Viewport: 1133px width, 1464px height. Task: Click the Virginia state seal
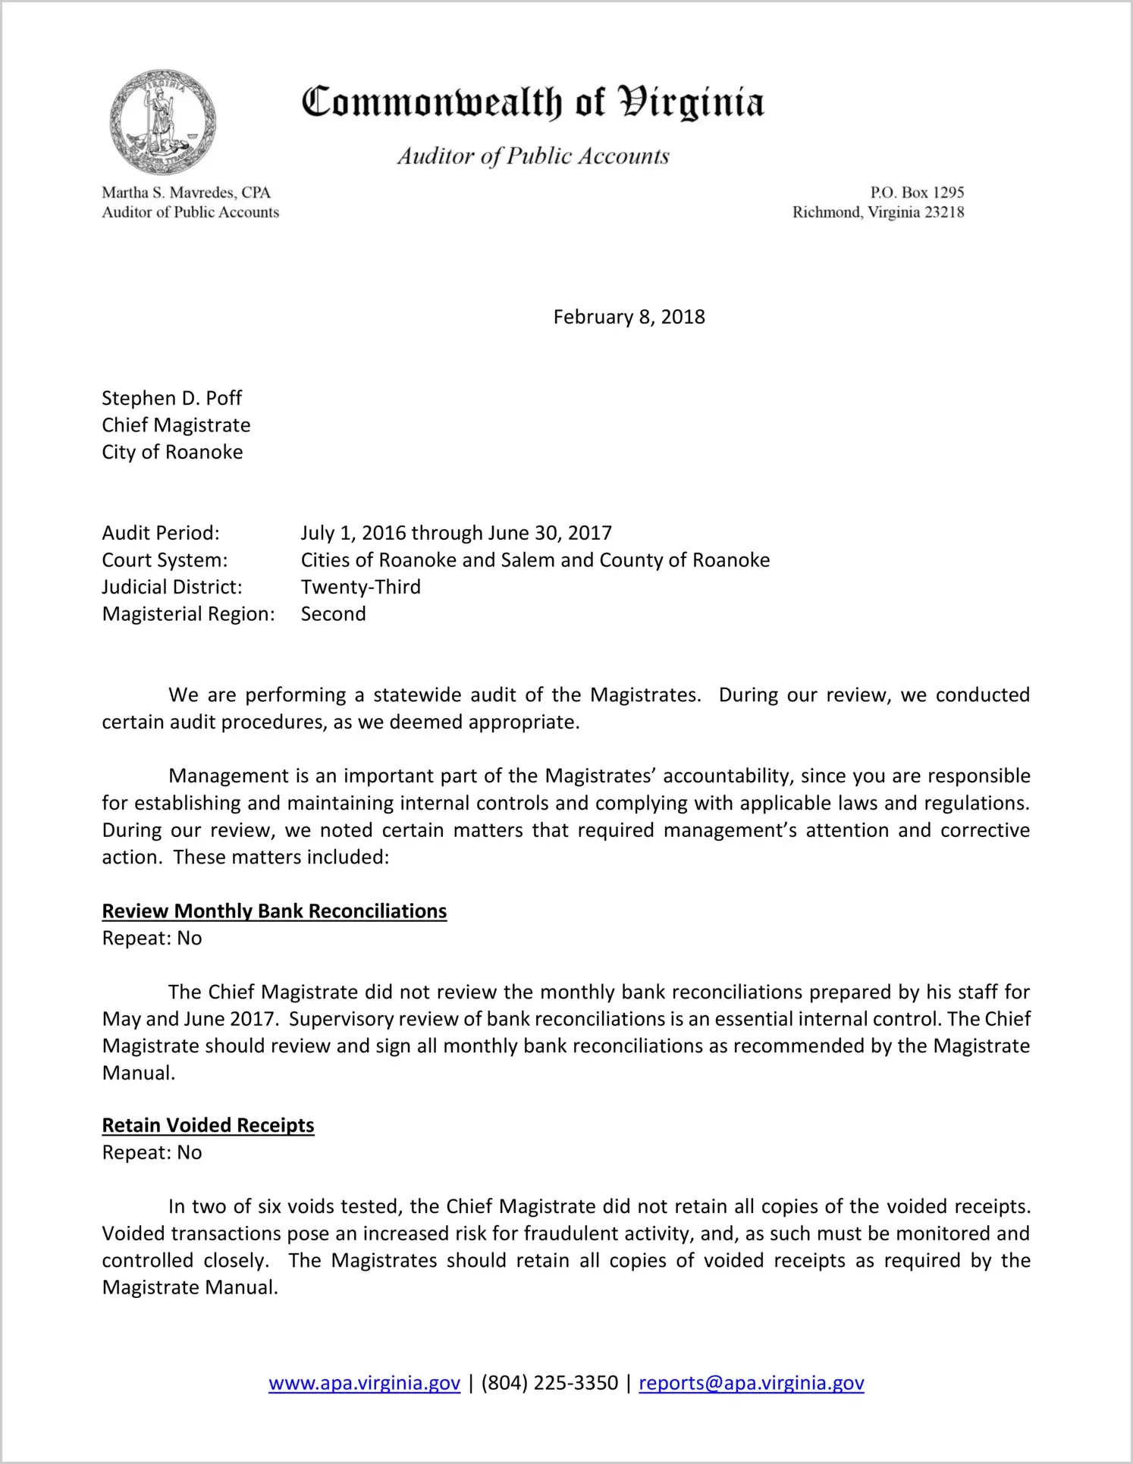pos(162,122)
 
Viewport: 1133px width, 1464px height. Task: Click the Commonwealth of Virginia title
pos(533,102)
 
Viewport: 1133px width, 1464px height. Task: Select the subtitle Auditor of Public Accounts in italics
pos(533,156)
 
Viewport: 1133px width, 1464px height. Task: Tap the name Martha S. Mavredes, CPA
pos(187,193)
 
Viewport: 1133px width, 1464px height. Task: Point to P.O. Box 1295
pos(917,193)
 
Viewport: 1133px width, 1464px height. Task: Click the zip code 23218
pos(944,212)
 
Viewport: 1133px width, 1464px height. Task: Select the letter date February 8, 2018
pos(629,317)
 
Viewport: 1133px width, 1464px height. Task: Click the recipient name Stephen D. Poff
pos(172,398)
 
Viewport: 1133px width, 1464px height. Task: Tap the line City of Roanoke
pos(173,452)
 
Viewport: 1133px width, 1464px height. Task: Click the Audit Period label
pos(161,533)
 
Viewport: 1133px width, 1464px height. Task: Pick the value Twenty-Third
pos(361,587)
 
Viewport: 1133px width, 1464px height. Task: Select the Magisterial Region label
pos(189,614)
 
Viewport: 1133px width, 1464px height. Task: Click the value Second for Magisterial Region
pos(334,614)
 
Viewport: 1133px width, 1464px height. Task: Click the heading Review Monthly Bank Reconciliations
pos(275,911)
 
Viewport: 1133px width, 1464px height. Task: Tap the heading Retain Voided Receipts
pos(209,1125)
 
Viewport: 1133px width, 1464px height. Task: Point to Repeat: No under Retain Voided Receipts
pos(152,1152)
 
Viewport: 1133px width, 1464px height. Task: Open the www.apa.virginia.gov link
pos(365,1383)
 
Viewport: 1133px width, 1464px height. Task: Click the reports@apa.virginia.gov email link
pos(752,1383)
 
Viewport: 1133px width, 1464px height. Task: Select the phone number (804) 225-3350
pos(550,1383)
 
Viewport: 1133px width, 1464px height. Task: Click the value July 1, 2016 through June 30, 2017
pos(457,533)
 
